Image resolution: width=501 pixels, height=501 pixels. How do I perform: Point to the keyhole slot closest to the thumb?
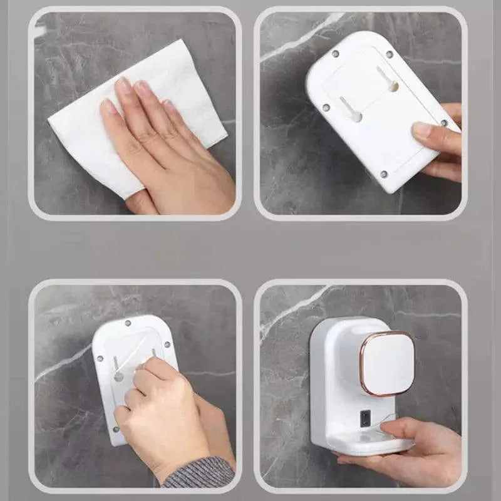click(393, 85)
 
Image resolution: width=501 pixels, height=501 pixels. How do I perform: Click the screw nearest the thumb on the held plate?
click(444, 123)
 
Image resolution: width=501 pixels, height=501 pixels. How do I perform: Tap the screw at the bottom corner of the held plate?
click(384, 174)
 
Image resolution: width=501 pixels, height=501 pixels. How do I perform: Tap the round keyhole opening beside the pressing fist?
click(118, 376)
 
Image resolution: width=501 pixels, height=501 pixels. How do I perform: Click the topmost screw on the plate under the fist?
click(128, 324)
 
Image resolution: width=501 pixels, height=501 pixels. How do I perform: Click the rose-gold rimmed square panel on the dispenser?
click(388, 363)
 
